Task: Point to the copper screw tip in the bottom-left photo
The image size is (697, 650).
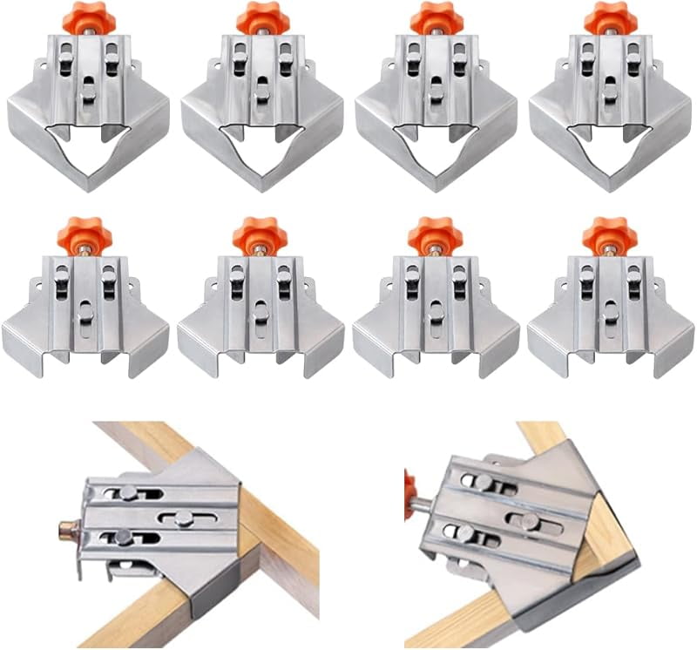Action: [64, 529]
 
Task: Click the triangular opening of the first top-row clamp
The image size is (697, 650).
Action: [86, 148]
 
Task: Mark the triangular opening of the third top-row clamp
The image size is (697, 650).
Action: [436, 148]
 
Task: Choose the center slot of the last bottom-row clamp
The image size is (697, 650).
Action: [610, 309]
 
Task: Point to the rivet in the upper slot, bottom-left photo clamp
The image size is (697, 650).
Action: [129, 492]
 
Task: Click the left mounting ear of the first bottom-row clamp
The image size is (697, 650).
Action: [37, 283]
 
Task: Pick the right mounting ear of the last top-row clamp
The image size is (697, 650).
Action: [657, 65]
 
